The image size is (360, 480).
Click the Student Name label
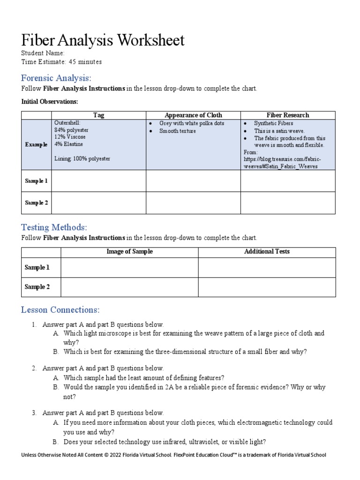[43, 53]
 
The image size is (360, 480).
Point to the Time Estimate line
[61, 62]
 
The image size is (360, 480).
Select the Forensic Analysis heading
[56, 78]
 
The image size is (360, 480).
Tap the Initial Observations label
[50, 101]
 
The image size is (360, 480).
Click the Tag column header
[98, 115]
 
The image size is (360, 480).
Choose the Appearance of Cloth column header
[193, 115]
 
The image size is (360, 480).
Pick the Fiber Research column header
[288, 115]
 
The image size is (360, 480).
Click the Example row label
[36, 144]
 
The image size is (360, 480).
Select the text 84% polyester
[71, 130]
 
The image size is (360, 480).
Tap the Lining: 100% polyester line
[82, 159]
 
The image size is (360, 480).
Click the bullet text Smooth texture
[177, 131]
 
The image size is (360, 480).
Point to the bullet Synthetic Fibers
[273, 123]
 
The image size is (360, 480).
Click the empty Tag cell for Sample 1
[98, 181]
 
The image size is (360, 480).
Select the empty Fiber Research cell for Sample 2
[288, 203]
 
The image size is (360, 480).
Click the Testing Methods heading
[54, 227]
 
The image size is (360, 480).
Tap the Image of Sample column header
[129, 252]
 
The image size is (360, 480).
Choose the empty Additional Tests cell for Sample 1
[267, 268]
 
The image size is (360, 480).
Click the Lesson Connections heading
[60, 310]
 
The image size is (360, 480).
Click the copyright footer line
[173, 455]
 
